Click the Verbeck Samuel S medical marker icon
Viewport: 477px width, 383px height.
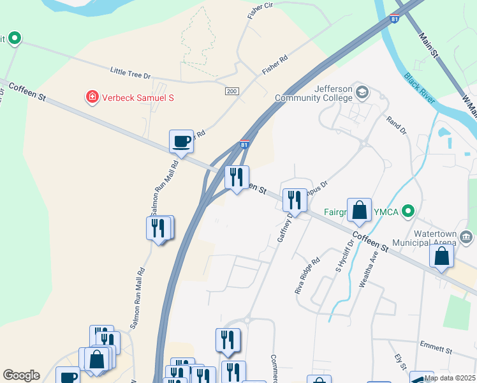click(x=92, y=98)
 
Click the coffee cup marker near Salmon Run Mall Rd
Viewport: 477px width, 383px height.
click(x=181, y=141)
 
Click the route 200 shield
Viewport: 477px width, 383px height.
click(x=231, y=92)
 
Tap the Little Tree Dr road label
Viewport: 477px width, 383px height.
click(x=130, y=75)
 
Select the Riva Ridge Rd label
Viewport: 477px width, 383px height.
click(x=307, y=276)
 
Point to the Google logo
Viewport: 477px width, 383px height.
click(x=21, y=375)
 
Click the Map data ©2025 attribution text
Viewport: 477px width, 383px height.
click(x=449, y=378)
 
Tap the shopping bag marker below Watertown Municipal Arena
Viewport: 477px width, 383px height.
click(x=441, y=257)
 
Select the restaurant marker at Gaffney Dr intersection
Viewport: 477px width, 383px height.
click(x=295, y=200)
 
